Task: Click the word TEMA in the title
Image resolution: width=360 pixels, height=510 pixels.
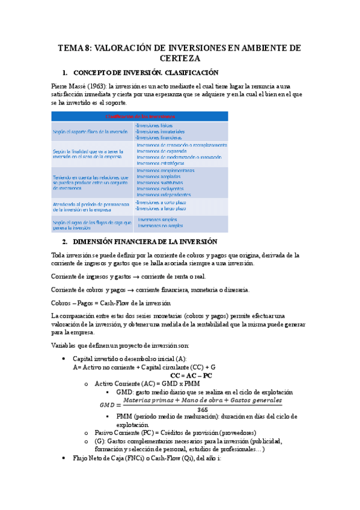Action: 71,48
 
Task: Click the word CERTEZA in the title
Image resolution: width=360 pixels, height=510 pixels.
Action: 180,58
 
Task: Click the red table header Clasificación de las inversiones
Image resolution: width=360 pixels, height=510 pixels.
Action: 140,115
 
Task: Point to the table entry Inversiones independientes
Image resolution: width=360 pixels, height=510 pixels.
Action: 163,194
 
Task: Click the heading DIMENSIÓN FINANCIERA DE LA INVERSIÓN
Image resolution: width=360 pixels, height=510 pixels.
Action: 153,241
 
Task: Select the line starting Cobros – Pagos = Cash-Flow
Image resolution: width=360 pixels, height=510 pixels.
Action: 112,303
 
